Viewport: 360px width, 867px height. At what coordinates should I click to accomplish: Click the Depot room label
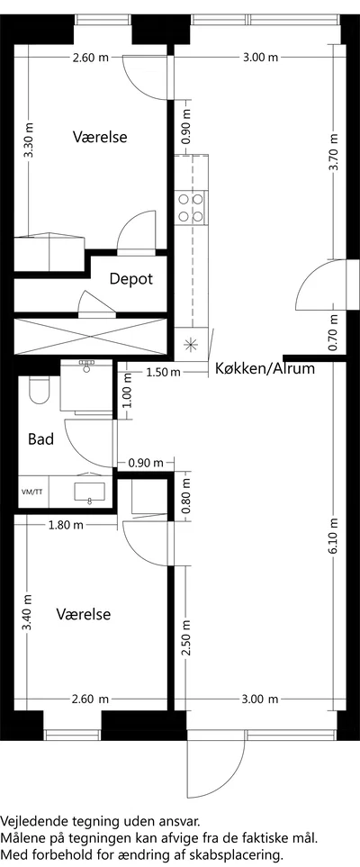click(130, 279)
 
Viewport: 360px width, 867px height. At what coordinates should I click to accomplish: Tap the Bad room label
click(41, 439)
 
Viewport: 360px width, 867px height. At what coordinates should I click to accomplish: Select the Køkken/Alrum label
click(265, 369)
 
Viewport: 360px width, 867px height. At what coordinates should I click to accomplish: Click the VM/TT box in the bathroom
click(33, 491)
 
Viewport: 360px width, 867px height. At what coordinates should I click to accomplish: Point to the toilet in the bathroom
click(39, 391)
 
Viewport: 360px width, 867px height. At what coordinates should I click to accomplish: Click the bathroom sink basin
click(90, 491)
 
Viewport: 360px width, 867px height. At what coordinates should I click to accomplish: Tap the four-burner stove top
click(191, 207)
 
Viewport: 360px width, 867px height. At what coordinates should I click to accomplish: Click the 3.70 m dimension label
click(334, 153)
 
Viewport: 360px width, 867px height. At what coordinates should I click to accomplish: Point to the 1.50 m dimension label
click(164, 372)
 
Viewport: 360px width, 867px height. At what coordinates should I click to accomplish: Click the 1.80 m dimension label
click(66, 525)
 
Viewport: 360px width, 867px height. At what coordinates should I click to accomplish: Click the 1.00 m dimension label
click(128, 392)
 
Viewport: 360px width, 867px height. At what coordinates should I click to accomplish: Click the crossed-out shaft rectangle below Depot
click(90, 336)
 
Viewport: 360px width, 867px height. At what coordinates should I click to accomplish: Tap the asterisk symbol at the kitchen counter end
click(190, 345)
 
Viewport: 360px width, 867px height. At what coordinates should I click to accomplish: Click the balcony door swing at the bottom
click(215, 766)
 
